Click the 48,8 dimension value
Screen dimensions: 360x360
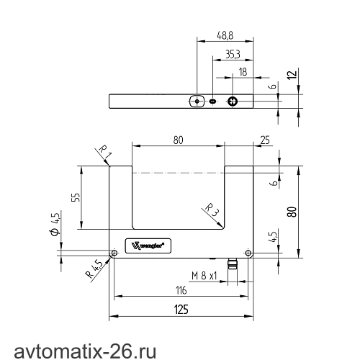225,35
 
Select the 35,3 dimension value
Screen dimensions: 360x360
233,54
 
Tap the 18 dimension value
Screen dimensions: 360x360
243,72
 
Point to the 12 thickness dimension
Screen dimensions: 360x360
292,75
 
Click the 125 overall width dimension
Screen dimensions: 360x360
181,310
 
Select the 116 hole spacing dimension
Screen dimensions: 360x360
181,290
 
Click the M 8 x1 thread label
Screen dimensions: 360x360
204,276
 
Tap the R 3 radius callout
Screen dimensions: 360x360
212,210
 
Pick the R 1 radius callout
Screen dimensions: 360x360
105,152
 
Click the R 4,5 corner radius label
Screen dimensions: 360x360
94,269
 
